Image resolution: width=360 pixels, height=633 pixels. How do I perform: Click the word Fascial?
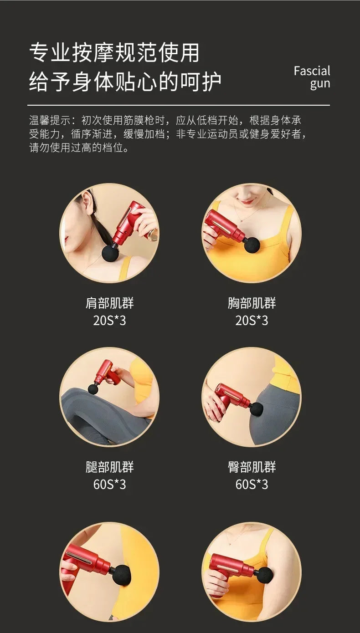pyautogui.click(x=312, y=71)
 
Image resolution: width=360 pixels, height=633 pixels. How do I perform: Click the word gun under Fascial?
pyautogui.click(x=320, y=84)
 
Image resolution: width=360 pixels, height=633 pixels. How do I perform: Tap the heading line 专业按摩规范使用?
pyautogui.click(x=114, y=53)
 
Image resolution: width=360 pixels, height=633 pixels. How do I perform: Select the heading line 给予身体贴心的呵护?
pyautogui.click(x=125, y=82)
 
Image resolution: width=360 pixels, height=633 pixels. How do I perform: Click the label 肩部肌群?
pyautogui.click(x=109, y=303)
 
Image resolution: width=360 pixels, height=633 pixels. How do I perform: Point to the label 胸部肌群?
pyautogui.click(x=252, y=303)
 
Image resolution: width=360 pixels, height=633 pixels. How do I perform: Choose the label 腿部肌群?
pyautogui.click(x=109, y=467)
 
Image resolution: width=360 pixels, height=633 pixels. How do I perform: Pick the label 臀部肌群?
pyautogui.click(x=252, y=467)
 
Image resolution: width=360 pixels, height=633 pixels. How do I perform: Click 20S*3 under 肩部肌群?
pyautogui.click(x=109, y=321)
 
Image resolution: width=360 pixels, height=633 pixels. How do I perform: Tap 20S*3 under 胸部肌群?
pyautogui.click(x=252, y=321)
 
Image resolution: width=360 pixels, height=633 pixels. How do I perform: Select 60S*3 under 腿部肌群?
pyautogui.click(x=109, y=485)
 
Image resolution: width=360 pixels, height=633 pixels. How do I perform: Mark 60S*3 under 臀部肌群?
pyautogui.click(x=252, y=485)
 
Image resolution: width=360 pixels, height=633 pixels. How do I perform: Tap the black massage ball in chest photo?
pyautogui.click(x=252, y=245)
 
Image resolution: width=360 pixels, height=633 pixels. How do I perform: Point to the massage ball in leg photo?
pyautogui.click(x=93, y=389)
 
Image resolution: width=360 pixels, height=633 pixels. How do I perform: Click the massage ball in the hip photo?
pyautogui.click(x=257, y=409)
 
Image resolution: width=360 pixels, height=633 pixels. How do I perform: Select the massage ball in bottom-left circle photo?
pyautogui.click(x=121, y=573)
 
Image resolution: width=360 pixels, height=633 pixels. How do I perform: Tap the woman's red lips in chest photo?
pyautogui.click(x=247, y=201)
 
